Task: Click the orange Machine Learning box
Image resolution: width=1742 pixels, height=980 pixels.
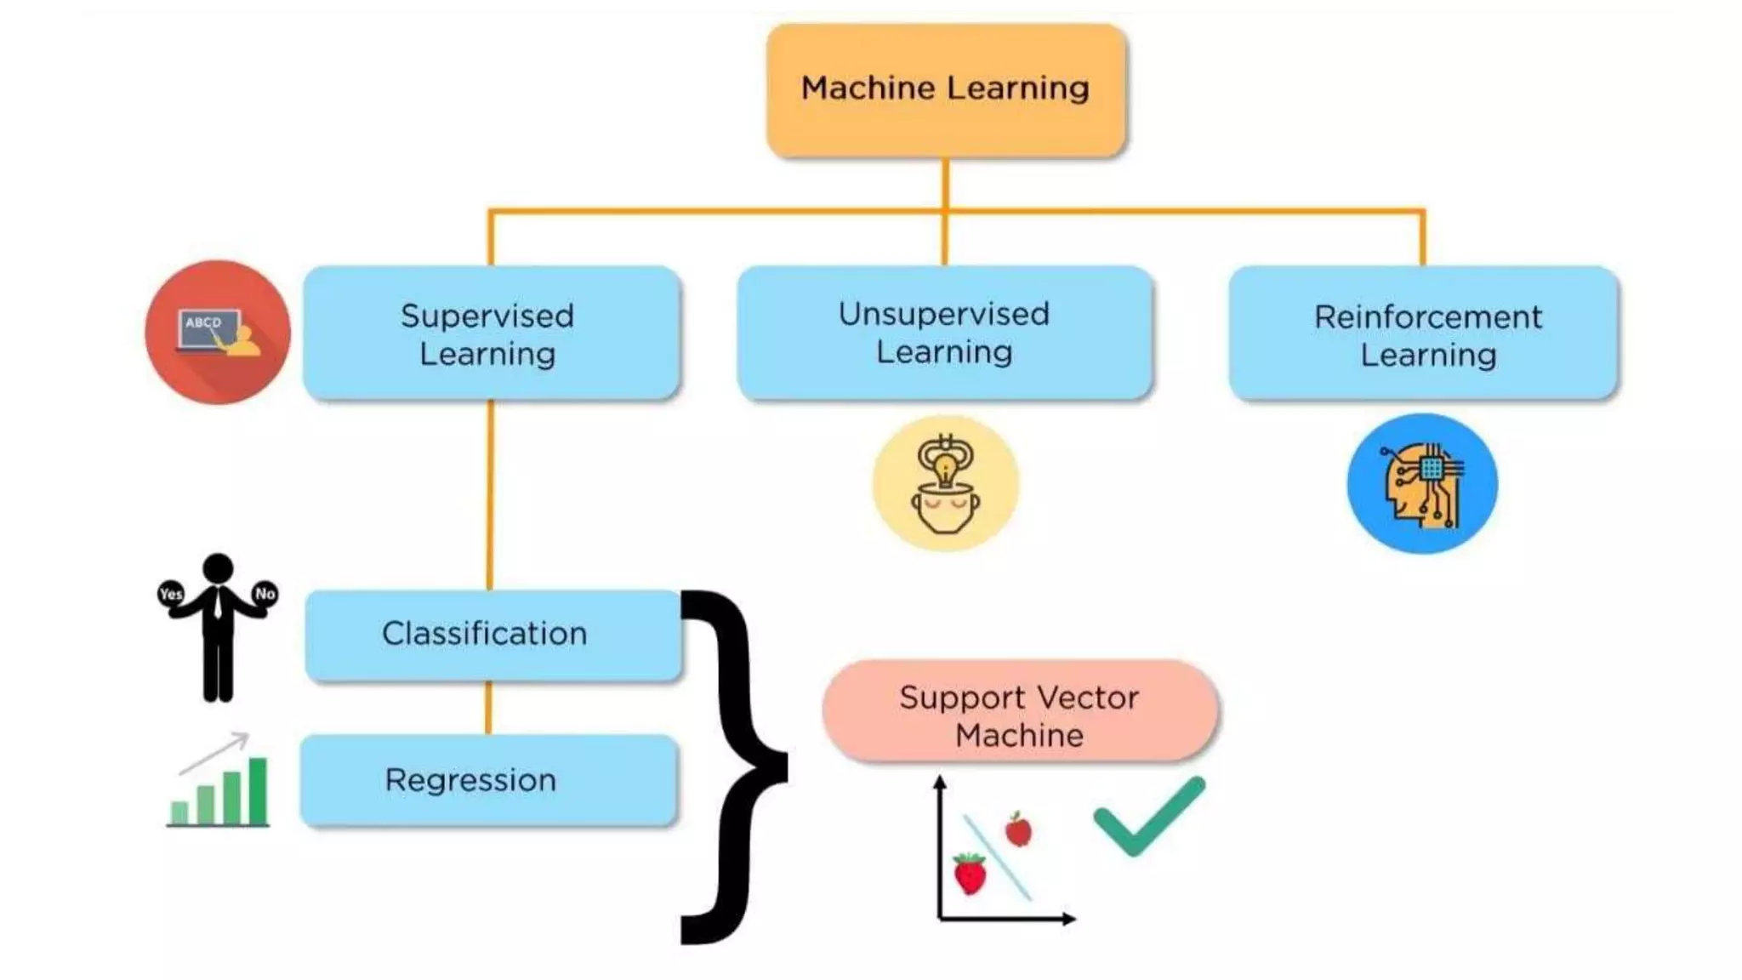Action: [945, 89]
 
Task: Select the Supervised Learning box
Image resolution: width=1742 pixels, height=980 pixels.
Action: [491, 333]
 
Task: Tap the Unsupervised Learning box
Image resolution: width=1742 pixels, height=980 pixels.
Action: [944, 333]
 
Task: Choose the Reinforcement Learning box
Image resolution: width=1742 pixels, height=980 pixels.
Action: [1423, 333]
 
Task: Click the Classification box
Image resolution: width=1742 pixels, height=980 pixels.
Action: [492, 635]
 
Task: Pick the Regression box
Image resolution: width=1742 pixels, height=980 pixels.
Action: [489, 780]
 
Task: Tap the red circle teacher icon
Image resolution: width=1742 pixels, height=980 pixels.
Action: [218, 333]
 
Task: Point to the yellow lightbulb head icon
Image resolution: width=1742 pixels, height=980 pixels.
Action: [945, 483]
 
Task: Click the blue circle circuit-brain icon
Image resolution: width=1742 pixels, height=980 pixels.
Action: [1422, 483]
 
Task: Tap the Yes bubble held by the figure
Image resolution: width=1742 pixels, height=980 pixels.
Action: [171, 593]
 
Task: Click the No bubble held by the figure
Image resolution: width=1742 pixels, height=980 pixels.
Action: [265, 593]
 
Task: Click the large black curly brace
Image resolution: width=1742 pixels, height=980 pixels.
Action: [732, 766]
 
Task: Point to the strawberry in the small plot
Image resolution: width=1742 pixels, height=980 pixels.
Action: [970, 874]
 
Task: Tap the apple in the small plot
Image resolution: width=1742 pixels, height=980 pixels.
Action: [1018, 829]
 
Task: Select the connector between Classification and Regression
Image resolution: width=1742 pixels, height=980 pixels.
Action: [488, 708]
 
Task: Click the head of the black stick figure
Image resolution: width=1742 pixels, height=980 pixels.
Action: [218, 567]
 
